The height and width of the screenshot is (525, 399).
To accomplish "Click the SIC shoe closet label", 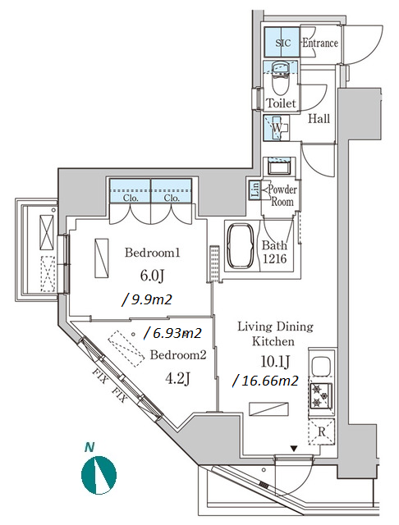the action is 282,43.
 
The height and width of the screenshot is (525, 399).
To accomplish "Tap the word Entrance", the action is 320,43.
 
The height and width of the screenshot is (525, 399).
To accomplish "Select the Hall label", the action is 319,118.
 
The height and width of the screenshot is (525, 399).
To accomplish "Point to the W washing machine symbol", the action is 277,127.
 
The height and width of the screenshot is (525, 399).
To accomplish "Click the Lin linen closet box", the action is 255,190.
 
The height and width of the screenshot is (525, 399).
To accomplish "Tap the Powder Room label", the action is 282,195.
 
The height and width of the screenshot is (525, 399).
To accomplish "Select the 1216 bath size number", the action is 275,258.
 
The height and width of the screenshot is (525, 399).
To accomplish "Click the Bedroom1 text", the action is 153,253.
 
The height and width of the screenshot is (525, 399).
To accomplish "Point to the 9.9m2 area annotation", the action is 147,299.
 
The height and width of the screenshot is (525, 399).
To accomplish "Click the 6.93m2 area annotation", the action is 172,333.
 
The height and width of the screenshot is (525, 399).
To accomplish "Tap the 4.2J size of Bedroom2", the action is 178,379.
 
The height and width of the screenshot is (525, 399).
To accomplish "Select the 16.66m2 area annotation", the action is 265,381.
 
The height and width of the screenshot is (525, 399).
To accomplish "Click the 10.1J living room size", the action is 275,362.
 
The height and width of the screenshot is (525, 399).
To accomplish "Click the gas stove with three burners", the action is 321,395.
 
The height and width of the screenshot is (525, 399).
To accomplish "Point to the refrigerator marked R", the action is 321,431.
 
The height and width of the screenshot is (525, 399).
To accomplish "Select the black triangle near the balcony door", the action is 294,449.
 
